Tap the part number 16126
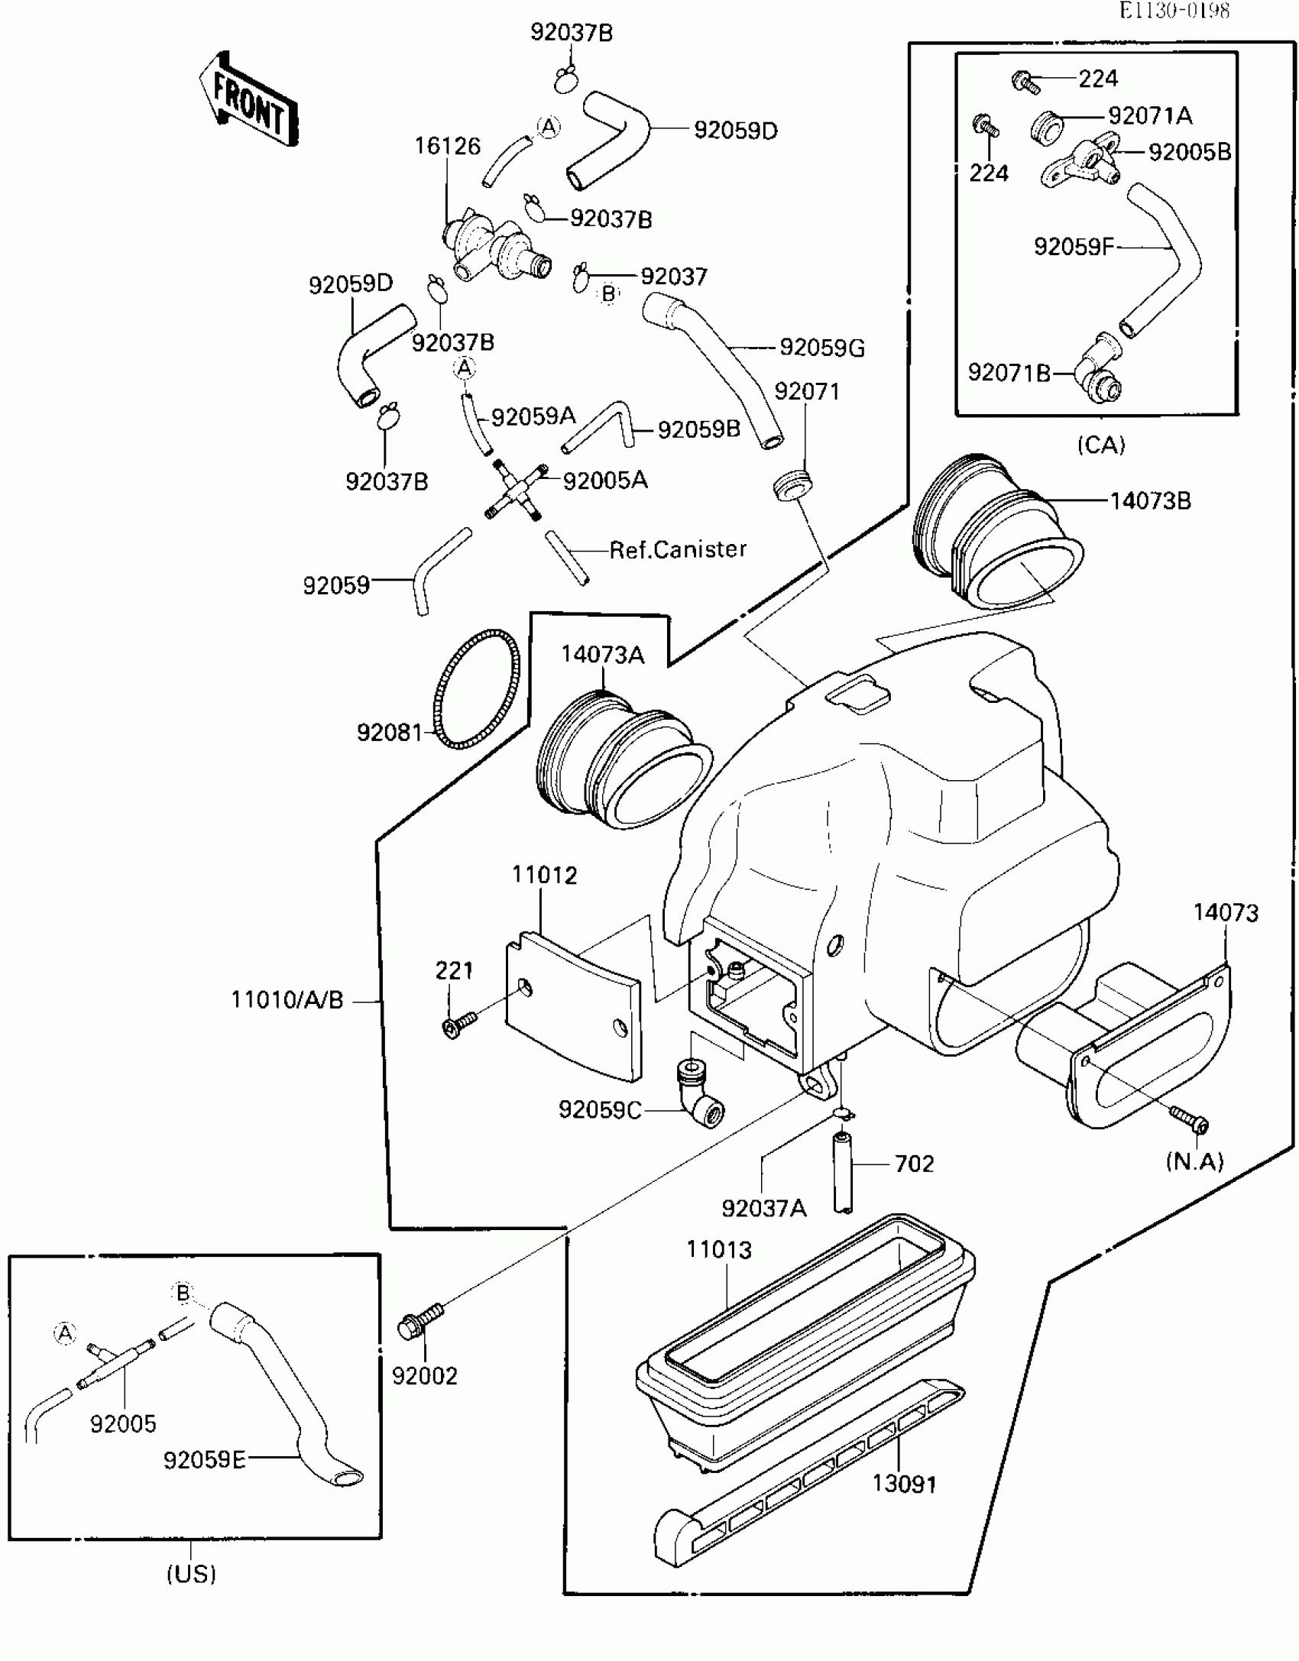click(448, 145)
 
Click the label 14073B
click(1150, 501)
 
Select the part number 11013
click(719, 1250)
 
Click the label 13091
click(905, 1484)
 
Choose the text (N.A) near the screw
click(1195, 1161)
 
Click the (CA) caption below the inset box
click(1101, 445)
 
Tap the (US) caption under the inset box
click(192, 1574)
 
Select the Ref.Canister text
click(678, 549)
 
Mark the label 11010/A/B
click(287, 999)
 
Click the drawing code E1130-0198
click(1175, 11)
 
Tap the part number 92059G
click(822, 348)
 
